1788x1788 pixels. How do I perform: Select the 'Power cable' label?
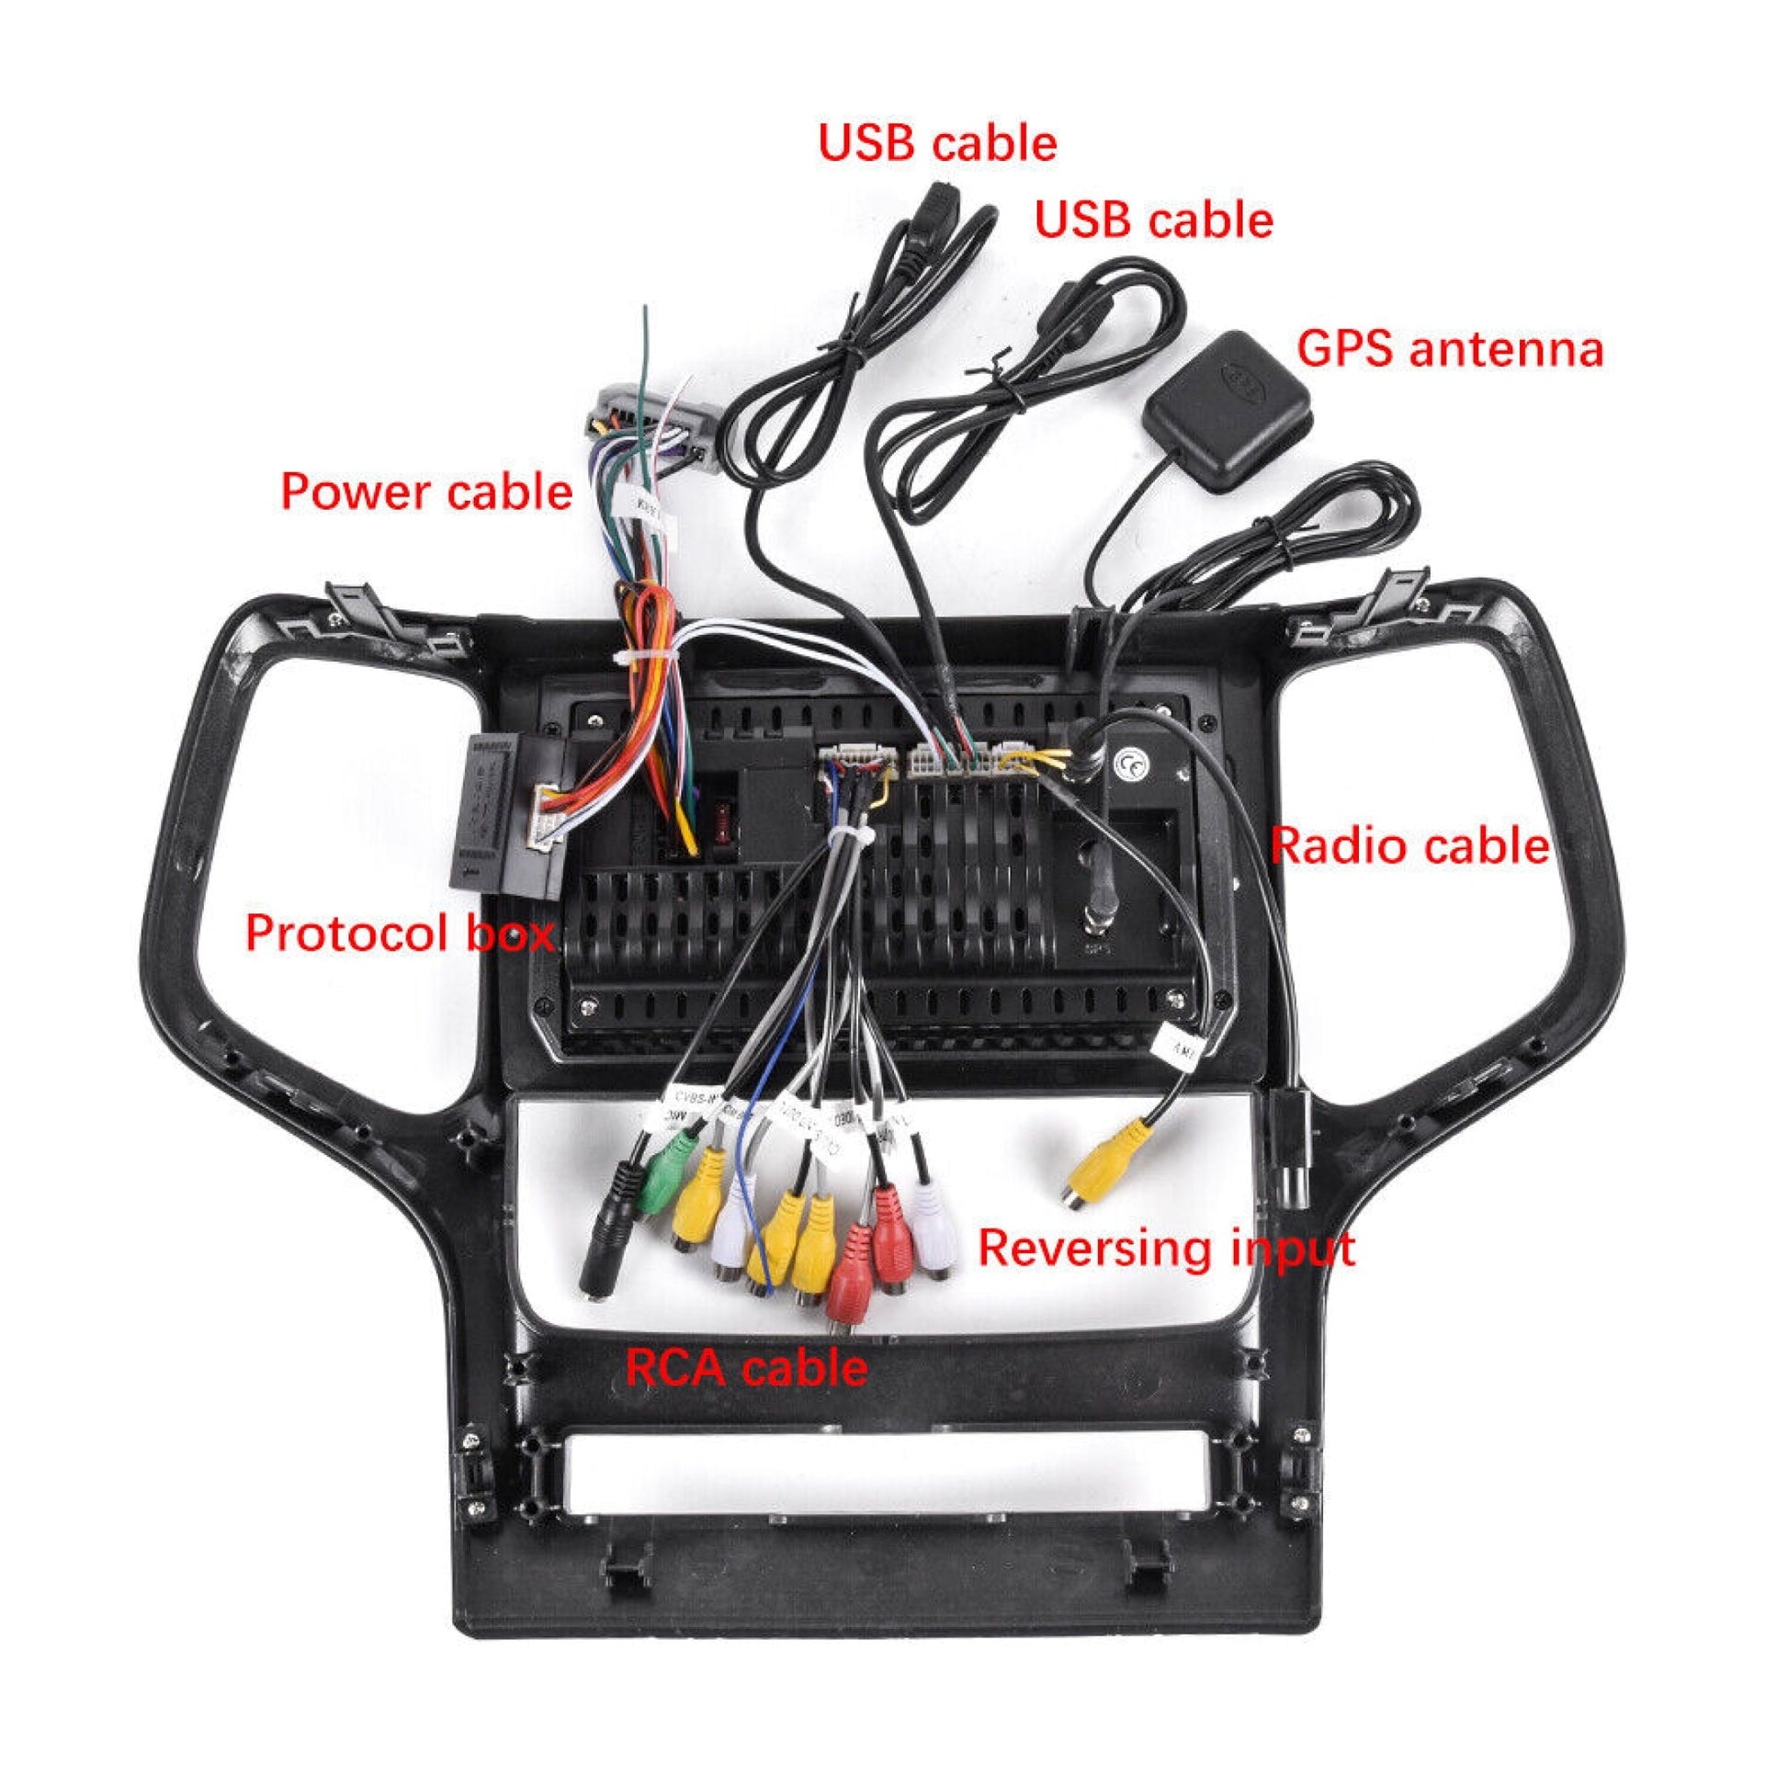(426, 492)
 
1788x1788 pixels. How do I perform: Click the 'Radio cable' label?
(1409, 846)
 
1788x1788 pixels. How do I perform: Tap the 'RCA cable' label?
(746, 1368)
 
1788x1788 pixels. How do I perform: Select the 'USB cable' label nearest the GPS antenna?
(1153, 221)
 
